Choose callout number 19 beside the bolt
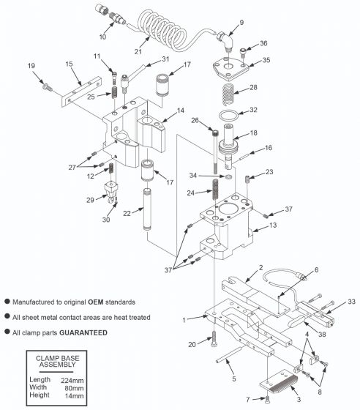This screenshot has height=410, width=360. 31,67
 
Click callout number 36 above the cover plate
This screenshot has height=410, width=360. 264,42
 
